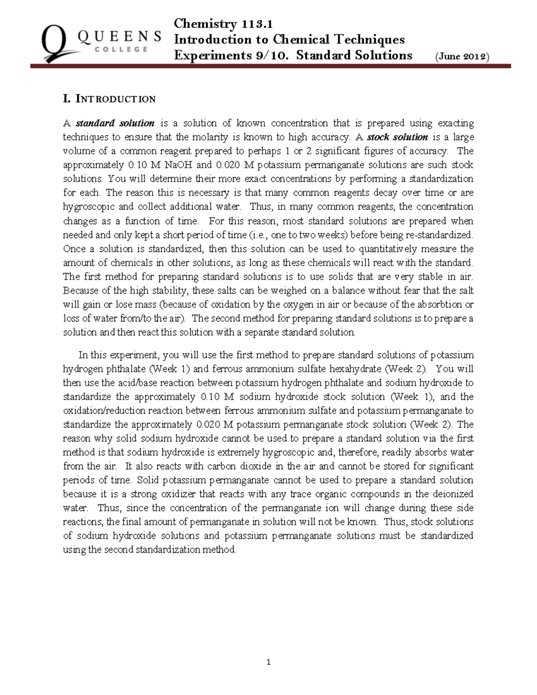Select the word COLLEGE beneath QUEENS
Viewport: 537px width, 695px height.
tap(119, 50)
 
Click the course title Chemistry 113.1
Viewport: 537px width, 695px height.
tap(223, 23)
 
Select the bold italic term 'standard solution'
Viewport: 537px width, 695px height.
tap(115, 123)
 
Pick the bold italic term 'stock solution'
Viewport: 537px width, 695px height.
tap(397, 137)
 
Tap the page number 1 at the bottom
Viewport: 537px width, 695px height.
tap(268, 662)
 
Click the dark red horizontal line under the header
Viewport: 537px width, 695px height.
tap(270, 66)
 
